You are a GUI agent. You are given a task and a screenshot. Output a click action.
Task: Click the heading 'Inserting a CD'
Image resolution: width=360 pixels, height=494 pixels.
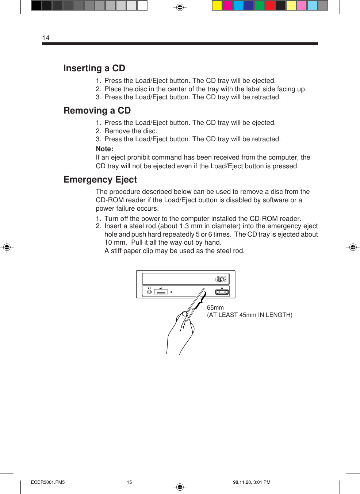point(94,68)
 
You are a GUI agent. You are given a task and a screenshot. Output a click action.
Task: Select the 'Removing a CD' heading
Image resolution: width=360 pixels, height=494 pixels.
point(97,111)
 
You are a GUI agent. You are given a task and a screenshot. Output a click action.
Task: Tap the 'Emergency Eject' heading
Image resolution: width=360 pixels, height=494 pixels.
point(100,180)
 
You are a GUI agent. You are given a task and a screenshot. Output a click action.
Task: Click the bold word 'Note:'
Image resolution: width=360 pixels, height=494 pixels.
point(104,149)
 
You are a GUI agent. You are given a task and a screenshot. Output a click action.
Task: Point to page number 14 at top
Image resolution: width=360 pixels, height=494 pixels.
point(46,38)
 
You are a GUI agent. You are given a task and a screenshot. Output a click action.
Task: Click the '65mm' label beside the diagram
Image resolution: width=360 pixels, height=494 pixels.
point(215,308)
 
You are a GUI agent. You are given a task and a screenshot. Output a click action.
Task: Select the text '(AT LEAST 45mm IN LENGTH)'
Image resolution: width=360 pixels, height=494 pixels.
point(250,315)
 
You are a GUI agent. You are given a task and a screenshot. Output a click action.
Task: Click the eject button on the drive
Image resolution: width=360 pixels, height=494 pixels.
point(222,292)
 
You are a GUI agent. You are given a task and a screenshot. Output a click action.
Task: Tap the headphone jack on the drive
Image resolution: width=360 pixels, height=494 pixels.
point(149,292)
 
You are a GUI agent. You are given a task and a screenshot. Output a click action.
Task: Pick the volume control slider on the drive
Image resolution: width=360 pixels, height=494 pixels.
point(161,292)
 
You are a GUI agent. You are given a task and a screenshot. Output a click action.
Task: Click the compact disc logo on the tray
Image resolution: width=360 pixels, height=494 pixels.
point(221,279)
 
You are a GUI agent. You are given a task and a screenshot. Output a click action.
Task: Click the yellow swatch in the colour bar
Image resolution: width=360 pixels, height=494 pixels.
point(217,5)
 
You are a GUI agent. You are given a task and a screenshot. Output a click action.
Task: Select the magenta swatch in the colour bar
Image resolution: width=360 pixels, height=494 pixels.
point(227,5)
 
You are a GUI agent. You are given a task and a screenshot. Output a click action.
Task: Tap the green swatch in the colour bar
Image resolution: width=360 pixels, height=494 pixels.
point(259,5)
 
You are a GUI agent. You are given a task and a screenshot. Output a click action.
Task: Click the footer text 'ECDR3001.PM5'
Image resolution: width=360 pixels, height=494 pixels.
point(48,482)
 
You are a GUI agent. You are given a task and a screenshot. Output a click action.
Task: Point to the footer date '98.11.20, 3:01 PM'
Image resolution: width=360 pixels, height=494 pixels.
point(252,482)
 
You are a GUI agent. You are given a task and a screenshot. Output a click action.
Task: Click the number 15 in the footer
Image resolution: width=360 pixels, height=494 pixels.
point(129,482)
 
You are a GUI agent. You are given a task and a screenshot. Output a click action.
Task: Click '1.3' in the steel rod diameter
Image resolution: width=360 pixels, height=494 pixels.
point(184,226)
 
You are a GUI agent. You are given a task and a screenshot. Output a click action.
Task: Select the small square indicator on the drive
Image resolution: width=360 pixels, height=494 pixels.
point(171,292)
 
